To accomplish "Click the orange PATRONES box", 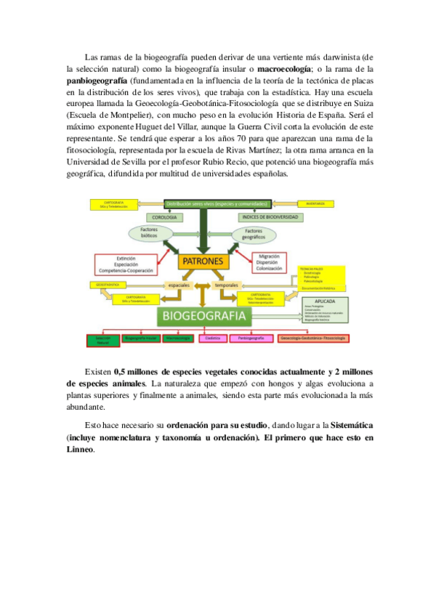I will pos(203,261).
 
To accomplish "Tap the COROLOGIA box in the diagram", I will pos(166,216).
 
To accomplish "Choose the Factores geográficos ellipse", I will pos(254,233).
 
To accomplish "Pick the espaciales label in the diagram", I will pos(179,285).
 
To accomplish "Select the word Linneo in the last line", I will pos(79,450).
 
